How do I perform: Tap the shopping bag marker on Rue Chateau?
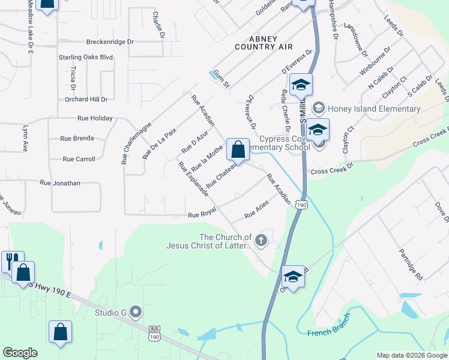tap(238, 149)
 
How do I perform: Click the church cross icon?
tap(261, 241)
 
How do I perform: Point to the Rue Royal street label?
tap(201, 215)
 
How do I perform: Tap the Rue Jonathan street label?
tap(59, 182)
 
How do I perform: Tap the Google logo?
tap(20, 353)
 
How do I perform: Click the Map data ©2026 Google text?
tap(411, 355)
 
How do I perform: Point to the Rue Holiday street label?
tap(94, 118)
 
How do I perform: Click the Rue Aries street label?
tap(256, 210)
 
